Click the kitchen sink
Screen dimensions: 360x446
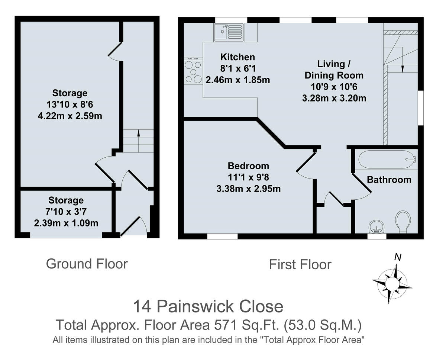(228, 32)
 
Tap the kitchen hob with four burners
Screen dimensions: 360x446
(193, 71)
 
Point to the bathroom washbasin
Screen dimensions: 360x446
(377, 226)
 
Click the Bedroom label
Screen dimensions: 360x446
(248, 166)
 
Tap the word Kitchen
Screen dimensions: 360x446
(237, 57)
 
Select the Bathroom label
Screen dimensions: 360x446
(389, 180)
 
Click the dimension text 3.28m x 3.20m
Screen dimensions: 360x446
(334, 99)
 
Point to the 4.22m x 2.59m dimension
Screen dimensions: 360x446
(70, 116)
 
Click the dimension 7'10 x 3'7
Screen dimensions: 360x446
(66, 212)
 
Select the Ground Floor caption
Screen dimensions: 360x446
(87, 264)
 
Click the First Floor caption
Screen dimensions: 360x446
(300, 264)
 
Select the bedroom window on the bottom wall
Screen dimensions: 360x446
(222, 236)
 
